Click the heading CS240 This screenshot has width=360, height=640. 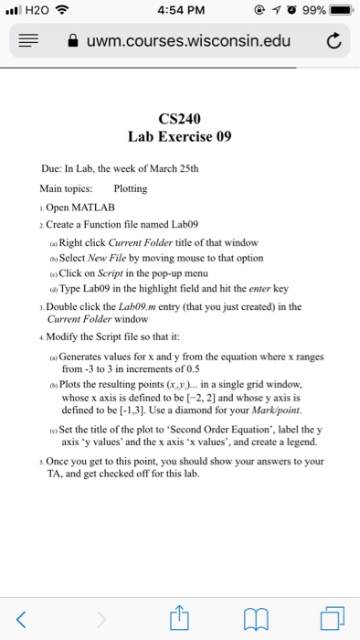(179, 118)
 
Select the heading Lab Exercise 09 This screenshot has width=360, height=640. (179, 137)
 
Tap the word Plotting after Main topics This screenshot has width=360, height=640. (131, 187)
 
